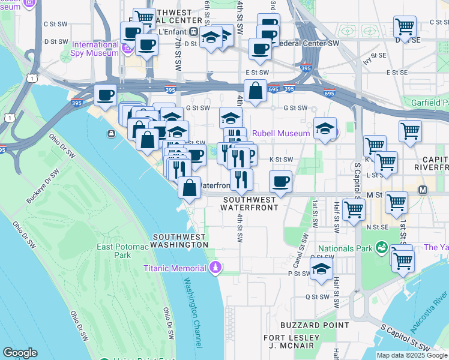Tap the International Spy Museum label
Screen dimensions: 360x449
point(95,49)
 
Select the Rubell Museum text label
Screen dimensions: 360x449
point(280,133)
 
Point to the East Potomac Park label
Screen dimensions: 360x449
point(123,251)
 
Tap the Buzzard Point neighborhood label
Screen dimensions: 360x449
point(306,325)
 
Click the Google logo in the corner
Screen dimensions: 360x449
point(20,352)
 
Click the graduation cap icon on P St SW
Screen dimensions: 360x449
point(321,269)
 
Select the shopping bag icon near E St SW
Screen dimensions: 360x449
point(256,91)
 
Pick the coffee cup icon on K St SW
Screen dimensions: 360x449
point(280,181)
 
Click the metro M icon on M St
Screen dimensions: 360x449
point(423,190)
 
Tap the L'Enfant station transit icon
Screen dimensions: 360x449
point(194,32)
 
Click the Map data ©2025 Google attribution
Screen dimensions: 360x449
point(412,355)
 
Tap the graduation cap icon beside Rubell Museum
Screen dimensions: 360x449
point(325,129)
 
